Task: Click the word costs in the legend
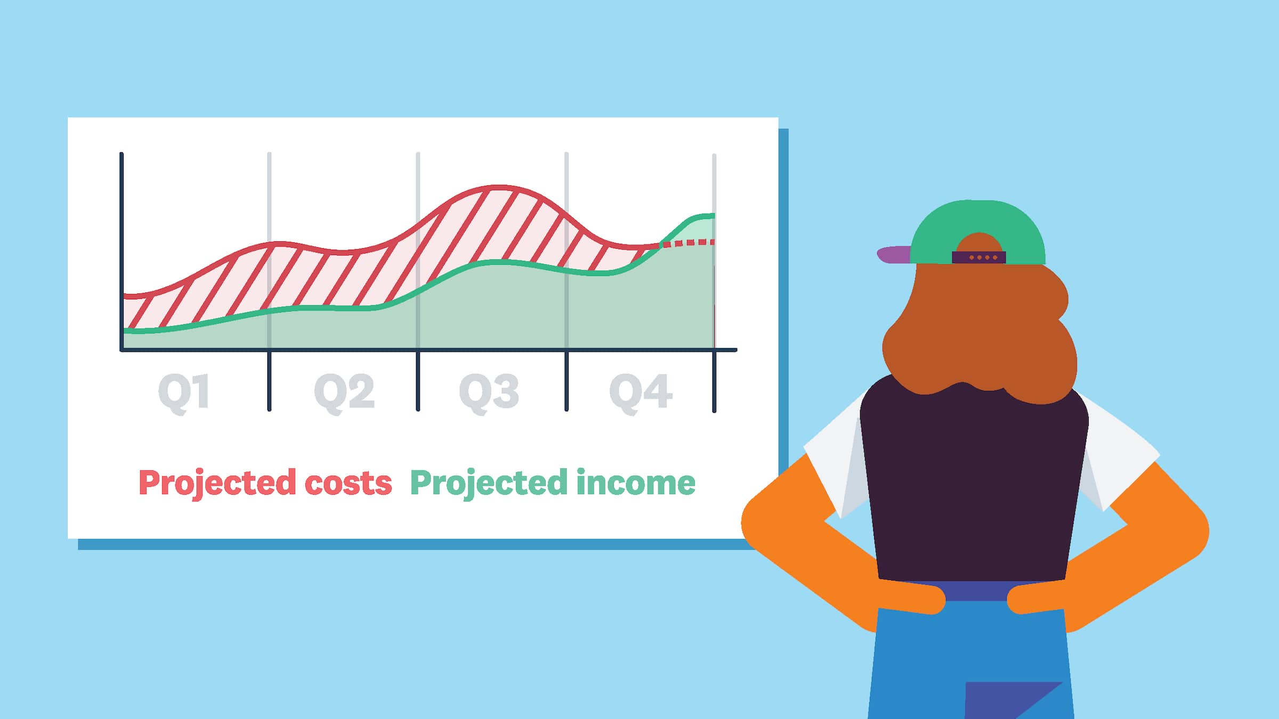pos(348,483)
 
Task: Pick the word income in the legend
pos(635,483)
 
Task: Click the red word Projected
pos(217,483)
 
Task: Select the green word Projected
pos(489,483)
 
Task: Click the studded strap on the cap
pos(979,258)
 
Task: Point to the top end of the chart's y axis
pos(122,155)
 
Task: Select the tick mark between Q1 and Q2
pos(269,381)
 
